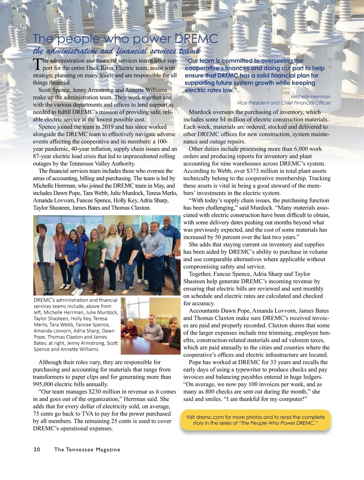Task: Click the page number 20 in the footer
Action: [x=36, y=450]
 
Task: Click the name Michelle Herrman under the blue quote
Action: [x=311, y=96]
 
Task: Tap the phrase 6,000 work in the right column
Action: [x=308, y=149]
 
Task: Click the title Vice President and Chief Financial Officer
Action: [x=284, y=103]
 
